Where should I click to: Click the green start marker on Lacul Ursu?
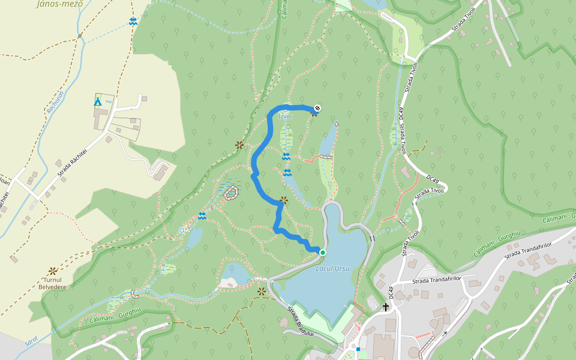[x=322, y=253]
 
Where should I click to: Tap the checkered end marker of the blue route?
[x=317, y=108]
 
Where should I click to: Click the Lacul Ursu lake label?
[x=332, y=268]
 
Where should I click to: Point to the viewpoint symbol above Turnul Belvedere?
[x=53, y=271]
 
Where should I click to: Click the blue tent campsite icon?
[x=97, y=101]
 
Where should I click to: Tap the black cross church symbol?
[x=385, y=307]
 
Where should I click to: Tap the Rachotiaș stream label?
[x=55, y=102]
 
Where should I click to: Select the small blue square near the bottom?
[x=358, y=349]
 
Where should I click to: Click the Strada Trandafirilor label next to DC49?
[x=437, y=280]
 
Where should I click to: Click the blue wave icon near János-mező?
[x=133, y=22]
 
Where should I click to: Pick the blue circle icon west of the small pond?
[x=182, y=230]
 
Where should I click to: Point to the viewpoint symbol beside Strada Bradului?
[x=262, y=292]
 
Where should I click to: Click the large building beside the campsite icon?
[x=100, y=119]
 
